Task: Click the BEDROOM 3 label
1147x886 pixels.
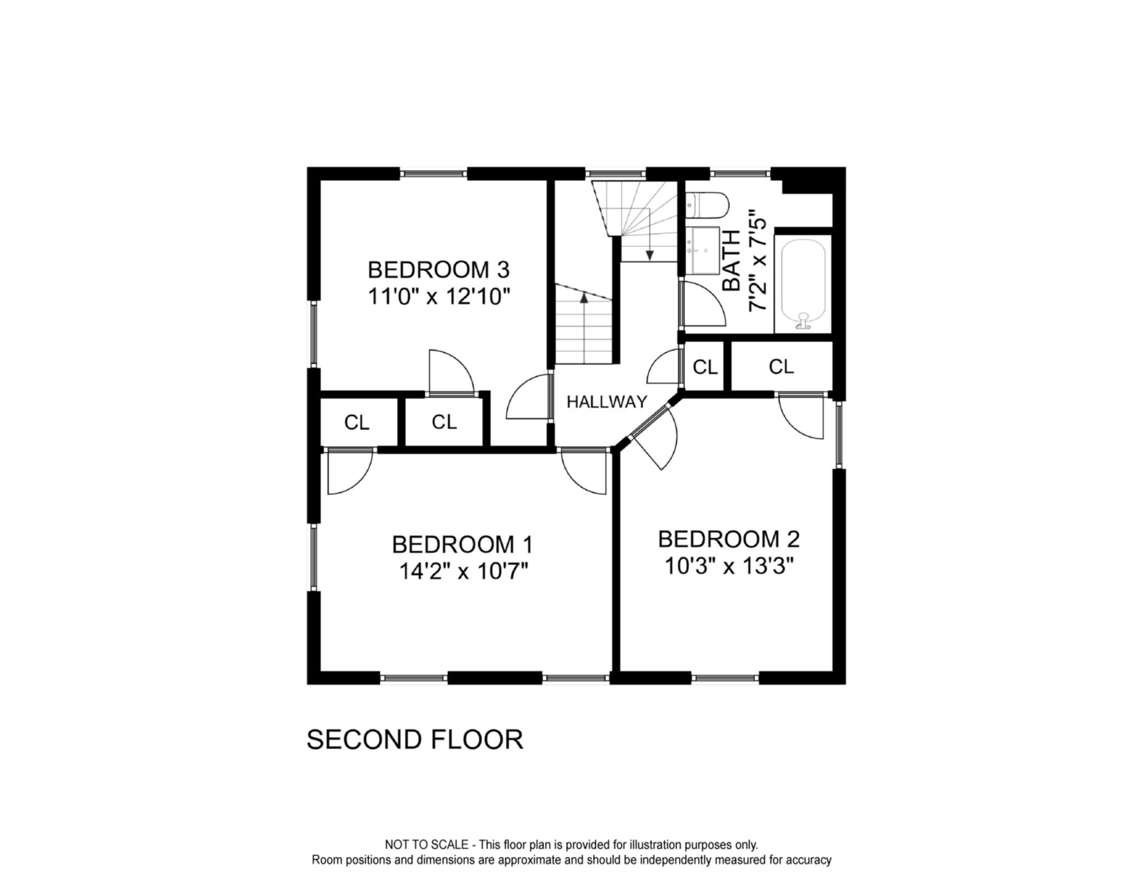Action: tap(438, 270)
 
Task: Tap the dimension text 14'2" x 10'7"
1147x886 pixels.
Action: tap(463, 572)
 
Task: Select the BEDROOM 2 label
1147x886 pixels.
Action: tap(729, 539)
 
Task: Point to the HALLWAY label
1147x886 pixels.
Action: tap(607, 402)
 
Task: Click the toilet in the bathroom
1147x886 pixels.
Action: tap(708, 205)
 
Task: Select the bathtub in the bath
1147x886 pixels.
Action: tap(803, 284)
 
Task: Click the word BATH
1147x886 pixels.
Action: tap(732, 260)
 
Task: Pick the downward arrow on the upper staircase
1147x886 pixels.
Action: tap(650, 254)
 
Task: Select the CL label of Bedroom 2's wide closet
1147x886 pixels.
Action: tap(781, 367)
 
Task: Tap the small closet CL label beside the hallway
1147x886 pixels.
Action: tap(705, 367)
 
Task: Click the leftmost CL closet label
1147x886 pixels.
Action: tap(357, 423)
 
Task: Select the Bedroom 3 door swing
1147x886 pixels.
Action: tap(451, 372)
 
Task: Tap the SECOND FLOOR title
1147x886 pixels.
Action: tap(414, 739)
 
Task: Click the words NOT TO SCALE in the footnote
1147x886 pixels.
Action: tap(426, 844)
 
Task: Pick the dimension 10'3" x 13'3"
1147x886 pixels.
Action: tap(729, 566)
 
